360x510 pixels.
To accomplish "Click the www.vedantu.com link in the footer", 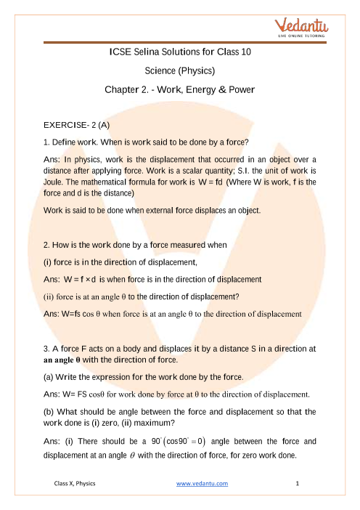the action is (202, 482).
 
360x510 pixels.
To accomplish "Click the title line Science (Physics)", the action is (179, 72).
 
